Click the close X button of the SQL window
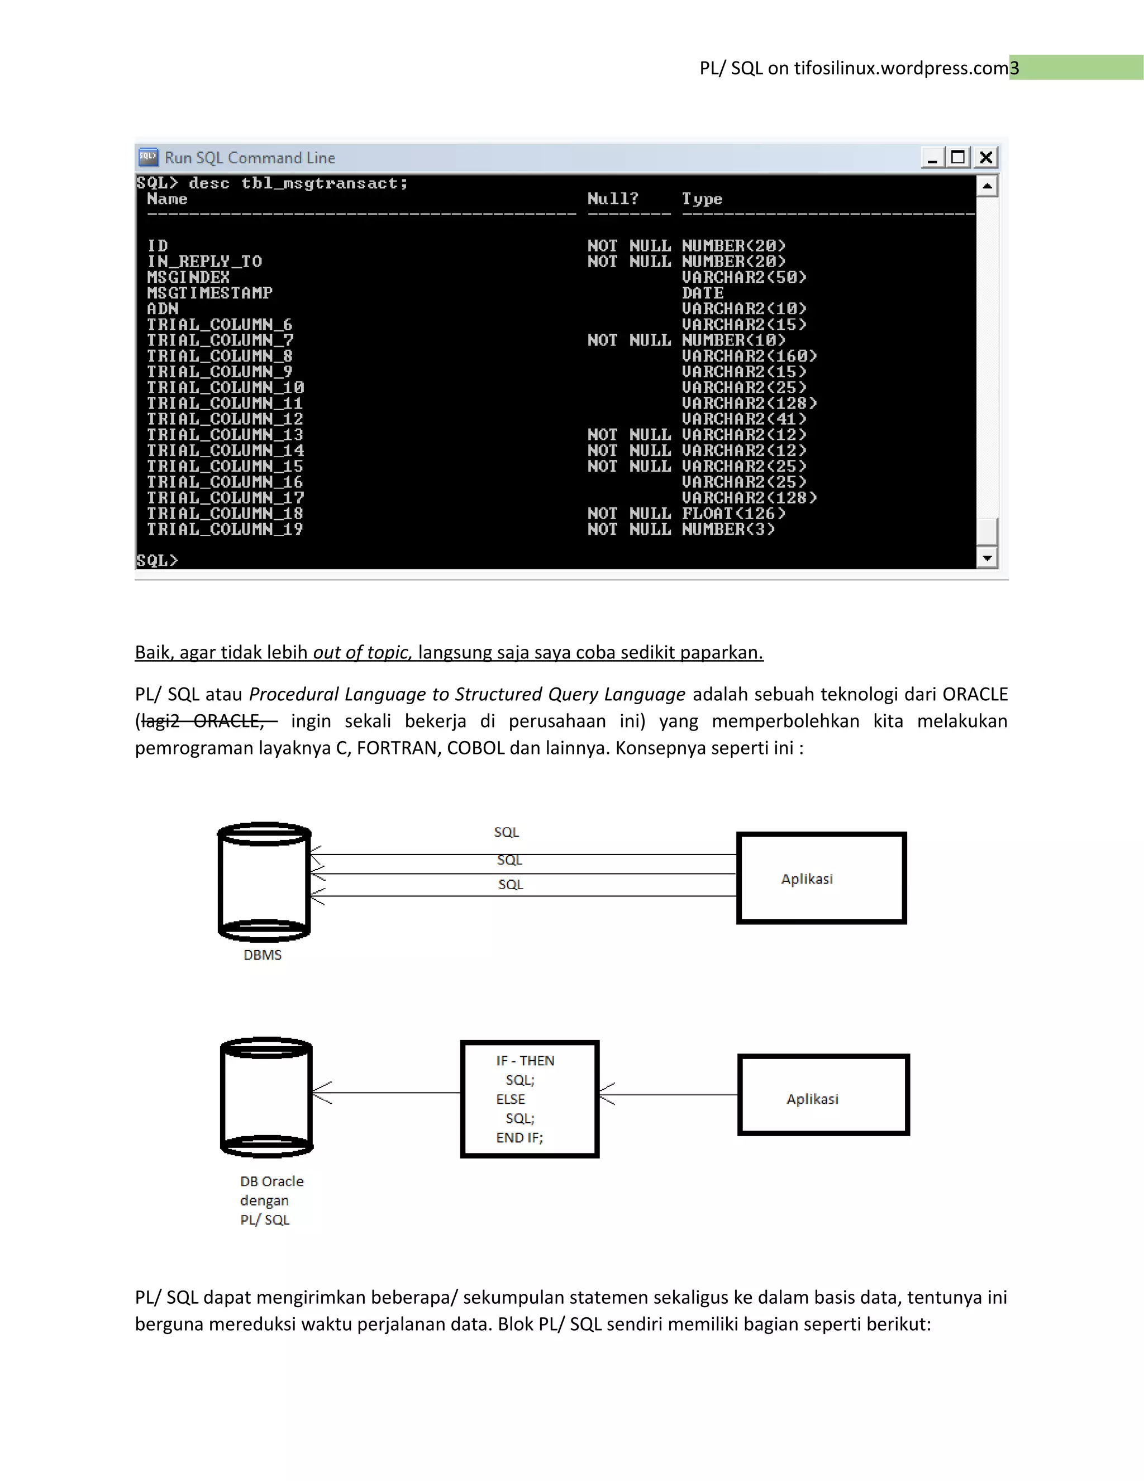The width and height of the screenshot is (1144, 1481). pos(986,158)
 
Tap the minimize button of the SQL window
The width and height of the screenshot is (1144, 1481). pos(932,158)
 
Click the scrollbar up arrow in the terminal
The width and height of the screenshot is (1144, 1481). pos(988,186)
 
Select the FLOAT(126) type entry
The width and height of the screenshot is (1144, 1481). pos(733,514)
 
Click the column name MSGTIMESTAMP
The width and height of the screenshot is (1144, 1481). pos(209,293)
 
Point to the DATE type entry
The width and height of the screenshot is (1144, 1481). pos(702,293)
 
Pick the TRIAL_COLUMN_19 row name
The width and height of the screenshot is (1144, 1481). pos(225,529)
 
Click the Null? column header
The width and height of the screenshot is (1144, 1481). pos(613,199)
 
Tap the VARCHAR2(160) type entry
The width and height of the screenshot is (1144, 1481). pos(749,356)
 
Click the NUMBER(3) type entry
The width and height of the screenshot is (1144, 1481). pos(728,529)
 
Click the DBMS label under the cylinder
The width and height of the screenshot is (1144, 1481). pos(263,955)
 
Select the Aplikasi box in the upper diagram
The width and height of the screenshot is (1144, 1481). pos(821,878)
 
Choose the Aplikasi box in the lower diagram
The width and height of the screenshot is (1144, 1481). pos(823,1094)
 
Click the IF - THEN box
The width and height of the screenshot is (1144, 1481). pos(530,1099)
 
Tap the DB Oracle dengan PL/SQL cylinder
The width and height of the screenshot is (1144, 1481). pos(266,1096)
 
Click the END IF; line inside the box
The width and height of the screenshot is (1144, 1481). pos(519,1138)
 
